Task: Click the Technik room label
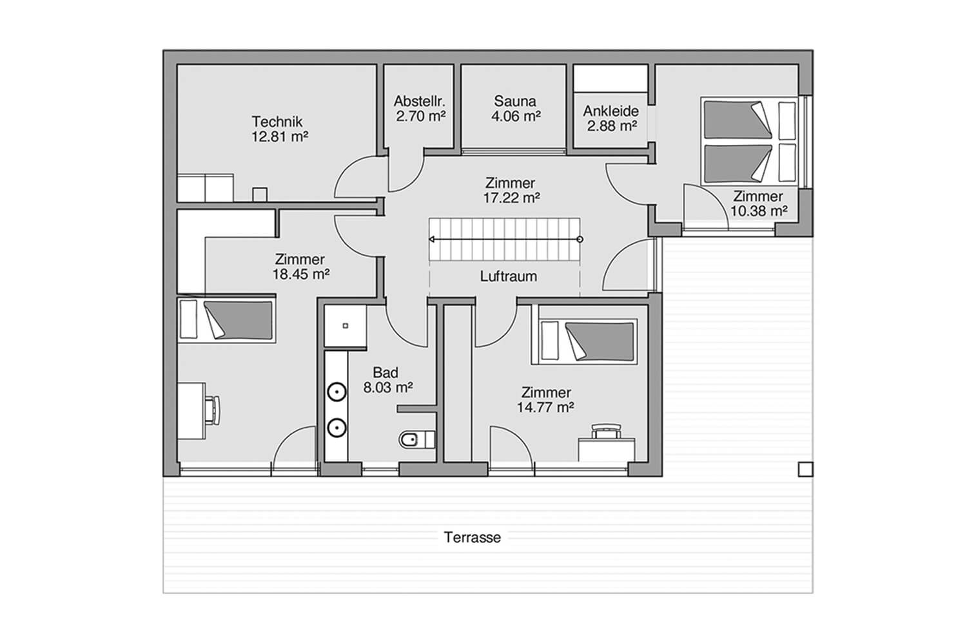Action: coord(277,121)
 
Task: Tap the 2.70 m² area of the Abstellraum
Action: coord(421,117)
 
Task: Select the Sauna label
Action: coord(515,101)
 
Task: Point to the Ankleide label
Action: coord(611,111)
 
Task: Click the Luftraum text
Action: coord(509,276)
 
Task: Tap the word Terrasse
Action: coord(473,537)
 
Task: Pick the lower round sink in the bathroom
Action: coord(337,428)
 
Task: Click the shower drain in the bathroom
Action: coord(346,326)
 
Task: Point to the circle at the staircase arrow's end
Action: coord(580,240)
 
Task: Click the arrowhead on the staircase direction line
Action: coord(431,240)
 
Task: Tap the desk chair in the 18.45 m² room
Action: coord(213,410)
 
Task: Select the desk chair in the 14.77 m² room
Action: coord(607,431)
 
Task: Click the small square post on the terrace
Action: coord(805,469)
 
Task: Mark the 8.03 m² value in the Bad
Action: coord(387,388)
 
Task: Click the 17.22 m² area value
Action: coord(512,198)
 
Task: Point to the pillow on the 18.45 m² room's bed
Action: coord(189,319)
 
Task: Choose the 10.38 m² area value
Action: coord(759,211)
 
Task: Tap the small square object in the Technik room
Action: coord(260,194)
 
